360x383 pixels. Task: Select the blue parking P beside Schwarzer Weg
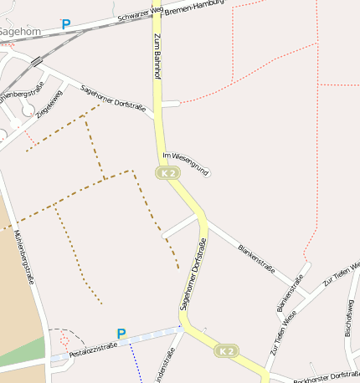click(x=66, y=25)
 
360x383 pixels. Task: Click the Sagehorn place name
click(x=18, y=32)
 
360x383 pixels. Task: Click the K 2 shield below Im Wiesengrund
click(x=167, y=173)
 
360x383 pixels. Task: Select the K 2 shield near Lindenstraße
click(x=226, y=351)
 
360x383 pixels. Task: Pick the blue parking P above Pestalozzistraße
click(x=121, y=334)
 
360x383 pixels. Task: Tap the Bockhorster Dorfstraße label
click(x=326, y=376)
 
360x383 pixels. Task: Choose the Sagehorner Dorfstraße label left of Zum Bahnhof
click(x=112, y=99)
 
